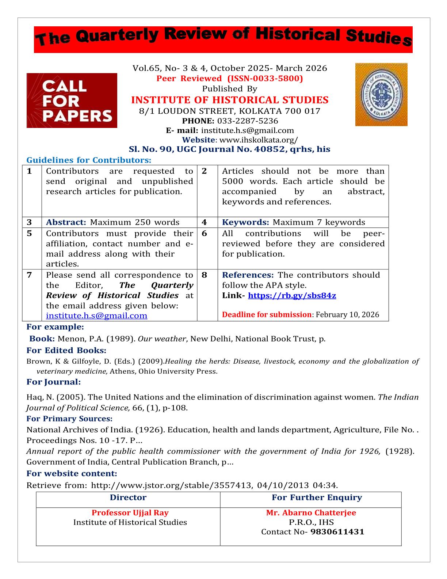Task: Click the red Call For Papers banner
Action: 72,101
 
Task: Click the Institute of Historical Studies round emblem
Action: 381,95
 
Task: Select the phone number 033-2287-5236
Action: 248,121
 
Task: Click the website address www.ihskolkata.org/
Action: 258,140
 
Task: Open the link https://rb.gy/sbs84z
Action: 292,295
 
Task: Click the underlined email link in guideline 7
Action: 97,315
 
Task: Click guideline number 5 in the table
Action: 30,234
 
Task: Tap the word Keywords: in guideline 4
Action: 245,222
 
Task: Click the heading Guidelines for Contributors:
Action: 89,160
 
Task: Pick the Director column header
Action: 128,497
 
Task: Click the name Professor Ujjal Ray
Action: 130,513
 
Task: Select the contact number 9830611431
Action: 337,532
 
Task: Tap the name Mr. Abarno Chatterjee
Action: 311,513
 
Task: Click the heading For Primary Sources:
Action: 69,419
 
